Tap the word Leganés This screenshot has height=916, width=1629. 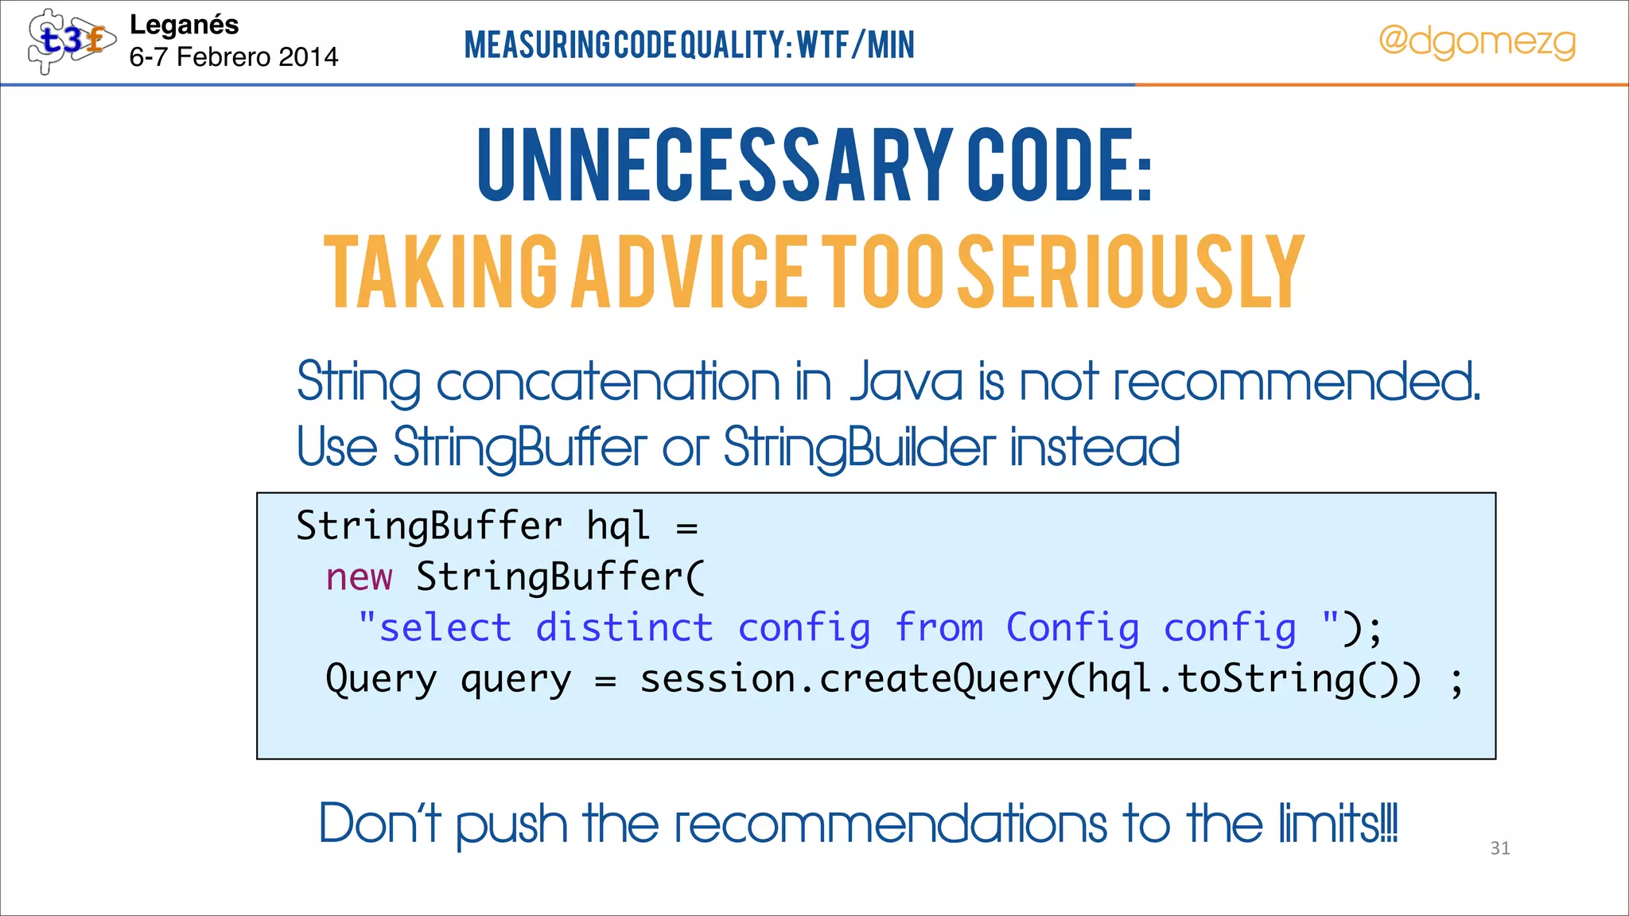(x=184, y=25)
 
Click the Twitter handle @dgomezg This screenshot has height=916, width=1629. (x=1476, y=41)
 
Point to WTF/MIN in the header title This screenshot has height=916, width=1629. (x=856, y=45)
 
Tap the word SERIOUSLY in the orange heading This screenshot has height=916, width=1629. (x=1129, y=272)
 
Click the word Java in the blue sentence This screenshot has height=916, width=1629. (x=907, y=382)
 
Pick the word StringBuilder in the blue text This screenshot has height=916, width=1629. (x=859, y=448)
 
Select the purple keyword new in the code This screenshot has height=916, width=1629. (x=359, y=576)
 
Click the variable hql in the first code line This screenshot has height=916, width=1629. (x=617, y=526)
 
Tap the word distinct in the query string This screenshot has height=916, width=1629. (x=624, y=628)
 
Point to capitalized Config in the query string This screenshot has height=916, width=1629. (x=1072, y=628)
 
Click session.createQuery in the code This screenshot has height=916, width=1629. (x=851, y=680)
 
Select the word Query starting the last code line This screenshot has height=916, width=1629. (x=381, y=680)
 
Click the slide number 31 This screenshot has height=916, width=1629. (x=1499, y=848)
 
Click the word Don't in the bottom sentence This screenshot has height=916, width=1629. (x=380, y=824)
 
